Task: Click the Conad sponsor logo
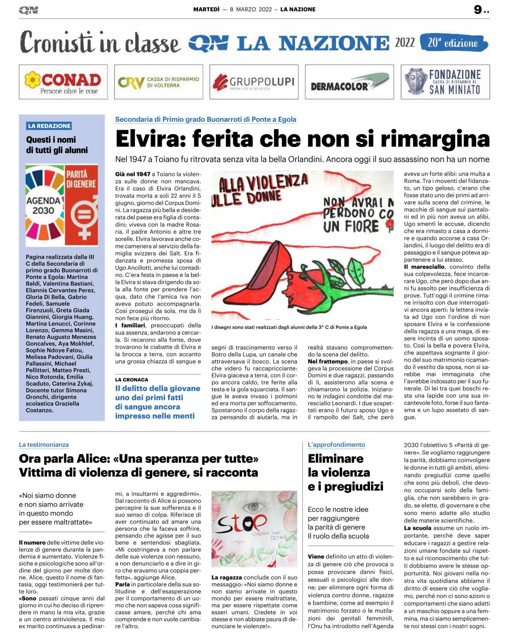(63, 82)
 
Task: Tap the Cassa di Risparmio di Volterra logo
(158, 82)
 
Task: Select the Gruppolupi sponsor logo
(254, 82)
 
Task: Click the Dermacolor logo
(349, 82)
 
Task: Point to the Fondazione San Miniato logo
(445, 82)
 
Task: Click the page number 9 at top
(478, 10)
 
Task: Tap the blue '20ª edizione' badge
(454, 43)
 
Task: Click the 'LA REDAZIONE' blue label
(49, 126)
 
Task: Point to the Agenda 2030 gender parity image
(62, 205)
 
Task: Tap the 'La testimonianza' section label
(44, 445)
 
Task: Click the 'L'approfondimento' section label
(336, 445)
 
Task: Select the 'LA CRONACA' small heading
(132, 380)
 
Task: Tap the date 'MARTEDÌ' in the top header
(206, 10)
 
